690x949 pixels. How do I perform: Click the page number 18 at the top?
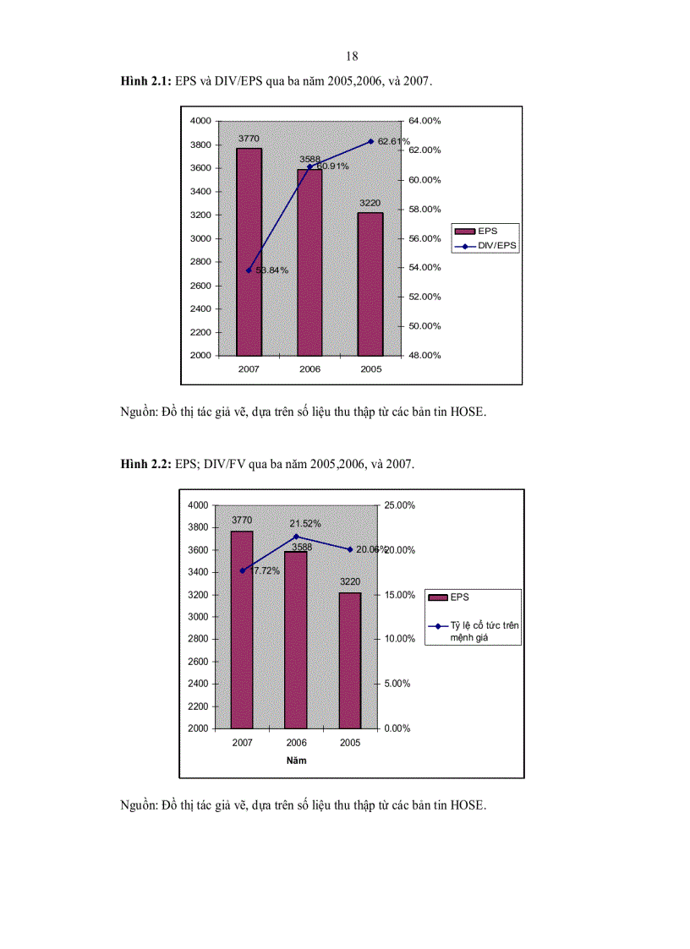coord(352,56)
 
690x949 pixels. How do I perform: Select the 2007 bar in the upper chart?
coord(249,252)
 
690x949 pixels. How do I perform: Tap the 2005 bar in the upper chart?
coord(370,283)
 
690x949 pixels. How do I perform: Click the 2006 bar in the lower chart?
coord(296,639)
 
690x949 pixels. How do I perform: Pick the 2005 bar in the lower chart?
coord(350,659)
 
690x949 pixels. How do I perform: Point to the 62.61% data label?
coord(394,141)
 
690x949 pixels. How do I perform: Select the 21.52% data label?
coord(305,524)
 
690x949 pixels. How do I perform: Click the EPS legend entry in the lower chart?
coord(459,597)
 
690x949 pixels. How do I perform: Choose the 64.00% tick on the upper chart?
coord(425,121)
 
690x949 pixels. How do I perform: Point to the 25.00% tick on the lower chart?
coord(399,505)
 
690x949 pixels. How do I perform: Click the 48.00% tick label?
coord(425,355)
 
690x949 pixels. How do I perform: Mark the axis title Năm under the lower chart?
coord(296,761)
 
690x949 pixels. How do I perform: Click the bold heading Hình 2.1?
coord(146,81)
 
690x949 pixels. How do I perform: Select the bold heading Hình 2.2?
coord(146,464)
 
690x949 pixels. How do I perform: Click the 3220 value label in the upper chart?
coord(370,204)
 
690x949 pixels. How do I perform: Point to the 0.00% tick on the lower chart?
coord(397,728)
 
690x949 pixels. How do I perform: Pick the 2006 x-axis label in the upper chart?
coord(309,369)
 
